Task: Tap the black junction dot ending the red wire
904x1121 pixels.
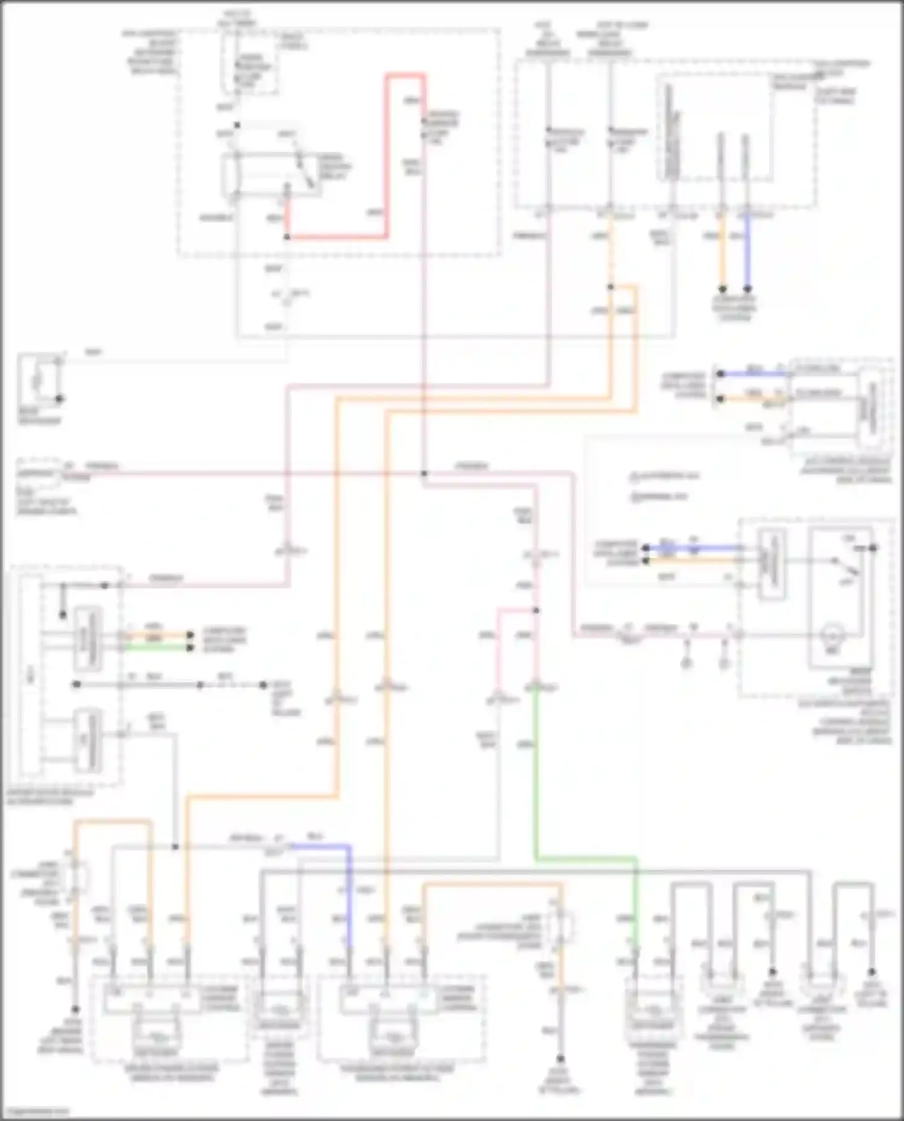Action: click(287, 237)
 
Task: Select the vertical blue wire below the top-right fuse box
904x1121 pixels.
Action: click(747, 253)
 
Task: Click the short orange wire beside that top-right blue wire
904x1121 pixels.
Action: click(721, 253)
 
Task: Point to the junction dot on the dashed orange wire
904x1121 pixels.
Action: click(611, 287)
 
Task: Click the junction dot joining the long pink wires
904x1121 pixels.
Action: click(424, 473)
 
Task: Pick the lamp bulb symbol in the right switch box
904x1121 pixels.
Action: click(831, 635)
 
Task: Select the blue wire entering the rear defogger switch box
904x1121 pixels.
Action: click(693, 548)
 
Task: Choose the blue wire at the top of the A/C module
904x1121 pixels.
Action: click(753, 374)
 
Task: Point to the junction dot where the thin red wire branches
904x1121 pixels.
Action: click(536, 610)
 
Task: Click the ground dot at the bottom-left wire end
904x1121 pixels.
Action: click(76, 1009)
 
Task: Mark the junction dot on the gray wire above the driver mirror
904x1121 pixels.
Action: click(175, 847)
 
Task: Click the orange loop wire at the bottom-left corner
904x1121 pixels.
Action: click(112, 822)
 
